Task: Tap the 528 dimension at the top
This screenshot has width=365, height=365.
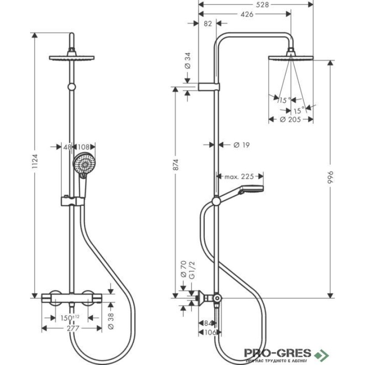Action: (262, 5)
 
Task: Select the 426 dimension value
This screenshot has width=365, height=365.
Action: (246, 15)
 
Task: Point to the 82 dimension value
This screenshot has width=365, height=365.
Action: (208, 24)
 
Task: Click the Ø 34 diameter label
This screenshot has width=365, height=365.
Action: (188, 61)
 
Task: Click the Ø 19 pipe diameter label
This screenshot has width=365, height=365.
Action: (241, 145)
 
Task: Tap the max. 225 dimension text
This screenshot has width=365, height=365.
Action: (239, 177)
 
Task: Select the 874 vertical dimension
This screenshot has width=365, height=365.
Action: (176, 165)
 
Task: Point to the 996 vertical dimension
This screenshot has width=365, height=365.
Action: (330, 177)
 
